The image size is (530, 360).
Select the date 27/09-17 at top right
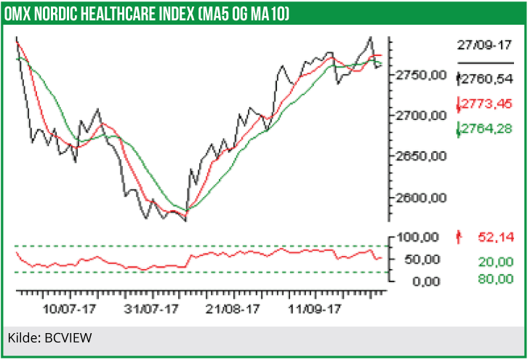pyautogui.click(x=484, y=45)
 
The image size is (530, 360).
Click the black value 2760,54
pyautogui.click(x=487, y=78)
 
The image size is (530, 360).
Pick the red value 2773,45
pyautogui.click(x=487, y=104)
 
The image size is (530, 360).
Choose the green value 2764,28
pyautogui.click(x=487, y=129)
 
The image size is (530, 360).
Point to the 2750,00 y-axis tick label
pyautogui.click(x=419, y=75)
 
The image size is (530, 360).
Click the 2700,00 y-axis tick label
pyautogui.click(x=419, y=115)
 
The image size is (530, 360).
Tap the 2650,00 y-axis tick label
pyautogui.click(x=419, y=156)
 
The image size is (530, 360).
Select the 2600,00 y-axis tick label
pyautogui.click(x=419, y=198)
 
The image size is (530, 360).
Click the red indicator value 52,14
pyautogui.click(x=495, y=236)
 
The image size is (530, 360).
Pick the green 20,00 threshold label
pyautogui.click(x=496, y=262)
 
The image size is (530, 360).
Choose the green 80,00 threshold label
pyautogui.click(x=496, y=279)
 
